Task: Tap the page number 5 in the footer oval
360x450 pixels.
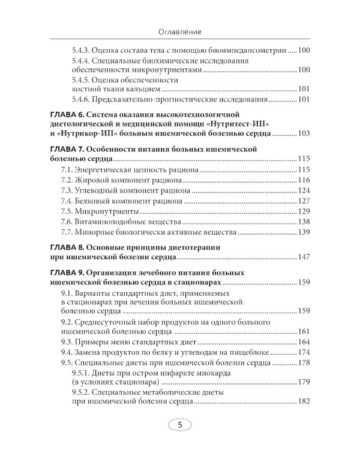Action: point(180,425)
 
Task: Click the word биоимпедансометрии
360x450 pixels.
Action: point(248,51)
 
